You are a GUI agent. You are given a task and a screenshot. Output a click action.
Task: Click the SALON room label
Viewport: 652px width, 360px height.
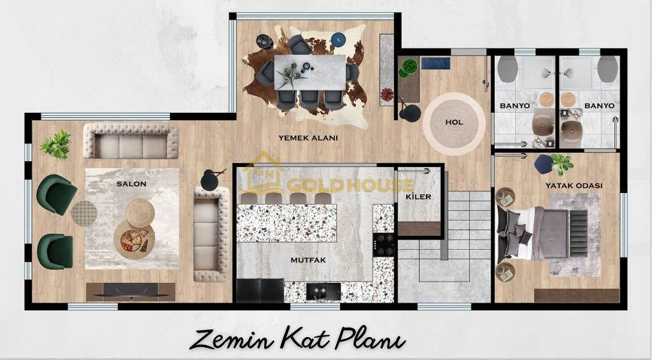[x=131, y=184]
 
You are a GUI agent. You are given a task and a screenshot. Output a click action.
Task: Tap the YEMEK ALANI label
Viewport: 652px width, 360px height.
[x=308, y=138]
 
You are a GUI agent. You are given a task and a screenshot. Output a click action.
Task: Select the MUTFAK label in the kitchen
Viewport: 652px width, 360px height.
[x=308, y=260]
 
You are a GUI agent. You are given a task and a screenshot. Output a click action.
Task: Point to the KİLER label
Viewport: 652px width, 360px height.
[x=419, y=196]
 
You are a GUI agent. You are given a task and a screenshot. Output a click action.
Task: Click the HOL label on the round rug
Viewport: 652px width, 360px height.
[x=454, y=122]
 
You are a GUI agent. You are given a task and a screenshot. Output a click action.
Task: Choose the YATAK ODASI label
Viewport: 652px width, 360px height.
[x=574, y=185]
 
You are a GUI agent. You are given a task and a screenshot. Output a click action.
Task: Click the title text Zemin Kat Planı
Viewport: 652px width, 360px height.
[x=297, y=339]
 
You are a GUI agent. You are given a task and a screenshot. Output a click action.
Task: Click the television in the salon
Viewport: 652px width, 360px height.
[x=131, y=292]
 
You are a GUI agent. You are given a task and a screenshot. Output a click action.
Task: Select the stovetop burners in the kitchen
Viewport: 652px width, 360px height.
[x=384, y=245]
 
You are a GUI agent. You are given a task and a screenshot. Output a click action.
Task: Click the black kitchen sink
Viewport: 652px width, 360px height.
[x=323, y=291]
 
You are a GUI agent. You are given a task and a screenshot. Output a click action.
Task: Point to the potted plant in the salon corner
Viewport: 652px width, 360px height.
[x=56, y=145]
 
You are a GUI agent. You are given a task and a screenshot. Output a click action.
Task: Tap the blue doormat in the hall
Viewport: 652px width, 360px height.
[x=436, y=63]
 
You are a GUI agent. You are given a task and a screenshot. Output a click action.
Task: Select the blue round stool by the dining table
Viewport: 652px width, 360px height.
[x=339, y=39]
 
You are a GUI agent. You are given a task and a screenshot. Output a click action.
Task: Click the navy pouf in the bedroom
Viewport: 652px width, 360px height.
[x=544, y=164]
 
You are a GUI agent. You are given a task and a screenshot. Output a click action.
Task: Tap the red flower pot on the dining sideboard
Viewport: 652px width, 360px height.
[x=386, y=94]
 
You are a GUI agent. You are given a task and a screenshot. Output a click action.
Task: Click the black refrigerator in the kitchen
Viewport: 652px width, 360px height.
[x=260, y=290]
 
